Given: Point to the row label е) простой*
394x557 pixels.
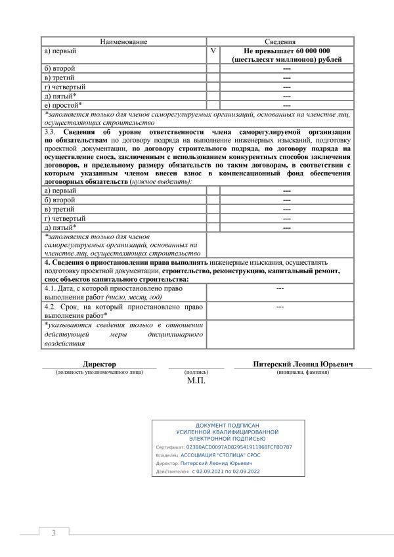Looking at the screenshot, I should click(x=62, y=104).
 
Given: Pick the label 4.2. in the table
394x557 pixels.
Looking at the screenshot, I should click(x=51, y=306).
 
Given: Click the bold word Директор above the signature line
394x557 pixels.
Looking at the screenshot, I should click(x=99, y=363).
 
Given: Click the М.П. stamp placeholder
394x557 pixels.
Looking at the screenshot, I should click(x=196, y=380).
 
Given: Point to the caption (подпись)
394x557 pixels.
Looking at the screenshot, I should click(x=196, y=372).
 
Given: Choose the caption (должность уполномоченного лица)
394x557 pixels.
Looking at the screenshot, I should click(x=99, y=372).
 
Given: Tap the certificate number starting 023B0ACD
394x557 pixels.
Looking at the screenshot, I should click(x=239, y=446).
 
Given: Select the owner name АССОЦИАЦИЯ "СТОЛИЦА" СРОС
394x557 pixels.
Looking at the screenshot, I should click(x=221, y=455).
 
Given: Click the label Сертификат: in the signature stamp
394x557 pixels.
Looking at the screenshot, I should click(x=170, y=447).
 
